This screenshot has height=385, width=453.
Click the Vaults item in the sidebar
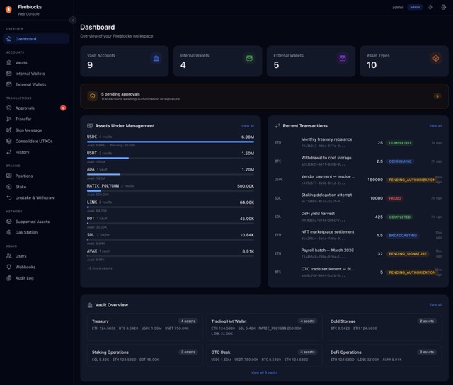tap(21, 62)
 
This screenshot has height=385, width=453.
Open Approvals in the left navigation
tap(25, 108)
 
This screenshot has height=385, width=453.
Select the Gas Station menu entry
tap(26, 232)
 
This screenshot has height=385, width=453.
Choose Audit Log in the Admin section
tap(25, 278)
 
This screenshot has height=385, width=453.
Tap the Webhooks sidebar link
tap(25, 267)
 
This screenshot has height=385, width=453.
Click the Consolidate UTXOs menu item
tap(33, 141)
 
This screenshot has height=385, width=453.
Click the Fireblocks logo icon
tap(8, 9)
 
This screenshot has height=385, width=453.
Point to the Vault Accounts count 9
tap(90, 65)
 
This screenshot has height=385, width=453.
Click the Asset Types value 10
tap(372, 65)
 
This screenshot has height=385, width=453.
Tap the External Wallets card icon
tap(343, 58)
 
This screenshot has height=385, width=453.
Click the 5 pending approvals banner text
tap(120, 93)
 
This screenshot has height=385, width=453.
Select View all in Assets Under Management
tap(247, 125)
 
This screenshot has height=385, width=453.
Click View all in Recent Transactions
tap(435, 125)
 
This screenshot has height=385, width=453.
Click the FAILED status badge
tap(396, 198)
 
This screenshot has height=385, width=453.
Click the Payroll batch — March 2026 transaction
tap(328, 251)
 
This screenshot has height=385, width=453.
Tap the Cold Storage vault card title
tap(343, 321)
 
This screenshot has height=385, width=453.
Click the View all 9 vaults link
tap(264, 372)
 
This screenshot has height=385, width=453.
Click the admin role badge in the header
tap(415, 7)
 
